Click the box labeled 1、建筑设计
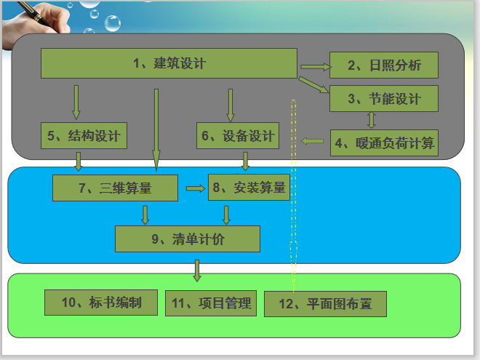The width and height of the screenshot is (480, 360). coord(169,63)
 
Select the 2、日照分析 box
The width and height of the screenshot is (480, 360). coord(384,65)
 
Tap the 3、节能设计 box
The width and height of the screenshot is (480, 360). coord(384,99)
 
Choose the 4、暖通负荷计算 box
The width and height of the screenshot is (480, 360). coord(385,142)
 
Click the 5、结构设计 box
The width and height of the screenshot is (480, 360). coord(85,136)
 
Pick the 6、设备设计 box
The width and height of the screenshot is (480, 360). coord(237,136)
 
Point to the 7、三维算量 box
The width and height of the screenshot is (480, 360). coord(115,188)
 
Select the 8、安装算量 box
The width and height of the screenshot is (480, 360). coord(249,188)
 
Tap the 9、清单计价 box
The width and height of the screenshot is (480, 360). coord(187,239)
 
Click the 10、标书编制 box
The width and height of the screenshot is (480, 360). coord(101,302)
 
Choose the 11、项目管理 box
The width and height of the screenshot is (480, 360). coord(211,302)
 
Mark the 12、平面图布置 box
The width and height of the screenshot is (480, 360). coord(325,304)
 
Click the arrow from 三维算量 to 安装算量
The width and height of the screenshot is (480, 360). coord(195,188)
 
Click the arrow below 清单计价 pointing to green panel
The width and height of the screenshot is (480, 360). coord(196,270)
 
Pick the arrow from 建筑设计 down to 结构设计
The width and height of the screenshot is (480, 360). coord(76,102)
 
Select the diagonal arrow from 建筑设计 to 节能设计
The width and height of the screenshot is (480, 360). coord(314,85)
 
